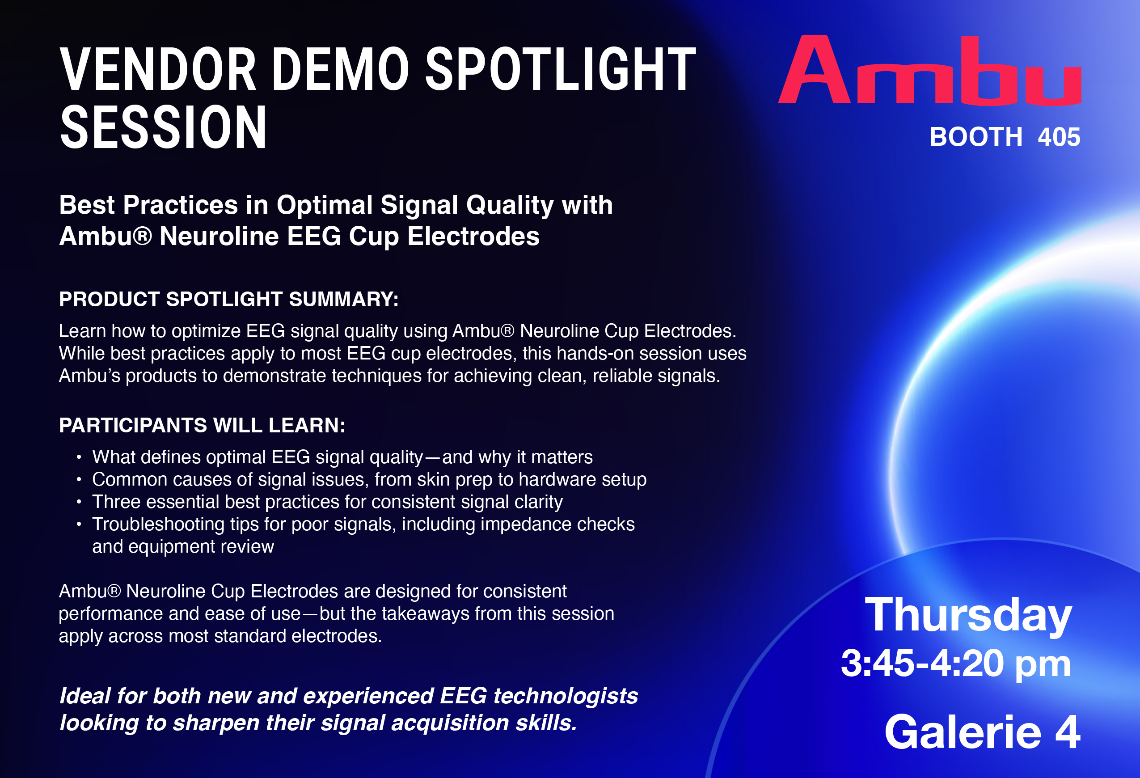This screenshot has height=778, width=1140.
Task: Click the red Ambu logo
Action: (929, 70)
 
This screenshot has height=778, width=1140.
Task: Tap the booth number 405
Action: (1059, 137)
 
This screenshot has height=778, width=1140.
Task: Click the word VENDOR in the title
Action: (157, 69)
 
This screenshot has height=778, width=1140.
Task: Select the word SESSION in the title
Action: (163, 127)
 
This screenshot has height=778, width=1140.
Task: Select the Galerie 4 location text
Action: (982, 732)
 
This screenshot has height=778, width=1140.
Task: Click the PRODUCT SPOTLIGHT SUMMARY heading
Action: (228, 299)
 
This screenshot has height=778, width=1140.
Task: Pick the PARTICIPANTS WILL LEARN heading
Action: (202, 425)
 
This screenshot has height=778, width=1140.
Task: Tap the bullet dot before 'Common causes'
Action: (79, 480)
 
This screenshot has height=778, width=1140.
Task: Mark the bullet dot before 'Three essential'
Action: (79, 502)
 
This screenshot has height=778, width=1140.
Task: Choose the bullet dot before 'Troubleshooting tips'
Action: (79, 525)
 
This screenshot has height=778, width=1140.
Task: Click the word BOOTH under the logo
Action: (976, 137)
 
